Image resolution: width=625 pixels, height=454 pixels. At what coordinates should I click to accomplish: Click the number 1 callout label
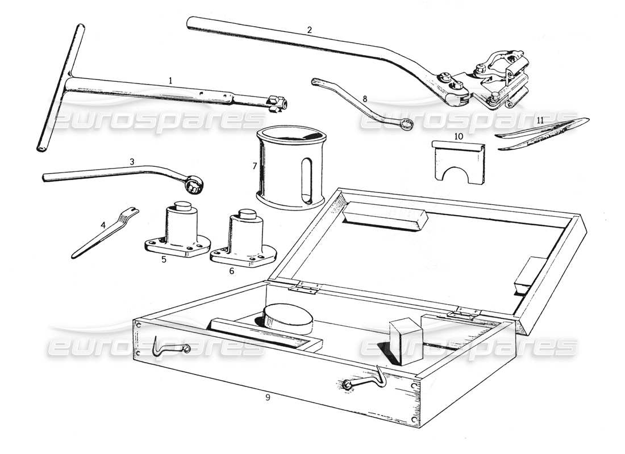point(170,81)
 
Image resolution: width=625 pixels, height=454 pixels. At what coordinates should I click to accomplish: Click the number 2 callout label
point(309,30)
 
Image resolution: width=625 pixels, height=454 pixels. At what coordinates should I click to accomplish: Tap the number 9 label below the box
point(268,397)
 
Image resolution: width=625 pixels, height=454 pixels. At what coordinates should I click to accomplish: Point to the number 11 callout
point(540,121)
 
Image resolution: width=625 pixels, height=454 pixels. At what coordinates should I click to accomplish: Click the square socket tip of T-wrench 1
point(278,102)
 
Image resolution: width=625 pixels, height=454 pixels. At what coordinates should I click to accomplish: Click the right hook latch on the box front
point(364,379)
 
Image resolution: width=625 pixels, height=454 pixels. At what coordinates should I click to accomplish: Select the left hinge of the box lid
point(302,287)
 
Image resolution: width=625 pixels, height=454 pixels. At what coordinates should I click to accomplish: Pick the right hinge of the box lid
point(464,312)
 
